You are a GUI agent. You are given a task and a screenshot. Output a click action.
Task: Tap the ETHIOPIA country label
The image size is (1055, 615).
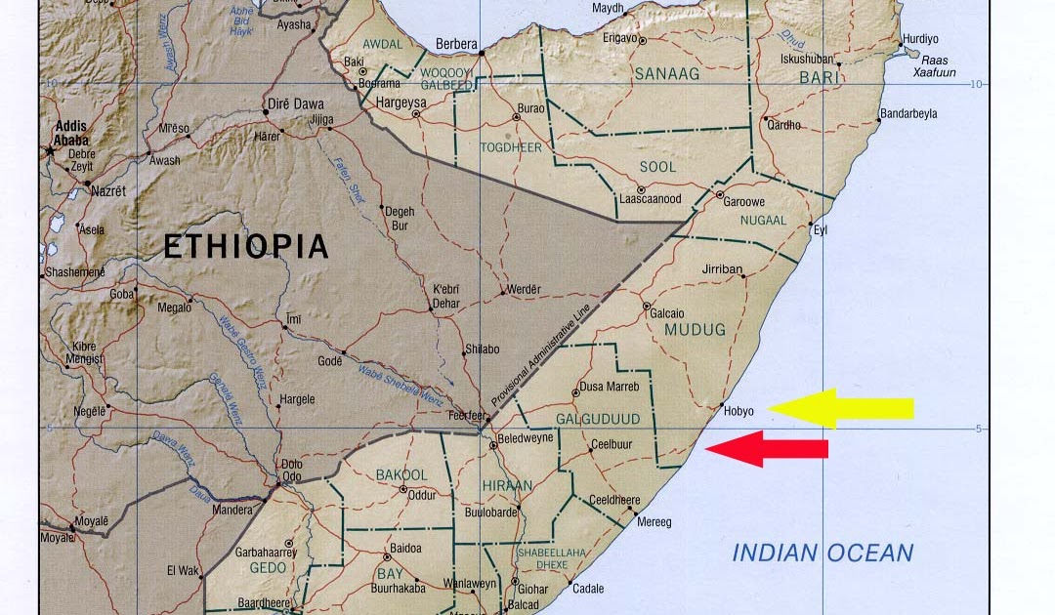pyautogui.click(x=245, y=246)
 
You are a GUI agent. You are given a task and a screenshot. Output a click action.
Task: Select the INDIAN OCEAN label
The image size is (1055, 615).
pyautogui.click(x=823, y=553)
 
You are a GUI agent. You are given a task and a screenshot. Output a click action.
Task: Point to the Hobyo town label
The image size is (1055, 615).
pyautogui.click(x=739, y=411)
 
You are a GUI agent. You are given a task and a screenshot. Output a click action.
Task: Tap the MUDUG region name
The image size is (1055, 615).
pyautogui.click(x=695, y=330)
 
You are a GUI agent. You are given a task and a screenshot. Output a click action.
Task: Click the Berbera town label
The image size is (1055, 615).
pyautogui.click(x=456, y=44)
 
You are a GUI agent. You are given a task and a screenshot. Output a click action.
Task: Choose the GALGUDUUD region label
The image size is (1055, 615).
pyautogui.click(x=597, y=419)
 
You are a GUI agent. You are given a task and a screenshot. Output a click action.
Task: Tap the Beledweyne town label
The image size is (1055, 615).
pyautogui.click(x=526, y=437)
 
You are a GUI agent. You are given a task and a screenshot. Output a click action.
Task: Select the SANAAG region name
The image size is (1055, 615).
pyautogui.click(x=668, y=73)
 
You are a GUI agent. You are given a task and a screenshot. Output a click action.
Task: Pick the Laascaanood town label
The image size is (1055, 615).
pyautogui.click(x=650, y=198)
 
